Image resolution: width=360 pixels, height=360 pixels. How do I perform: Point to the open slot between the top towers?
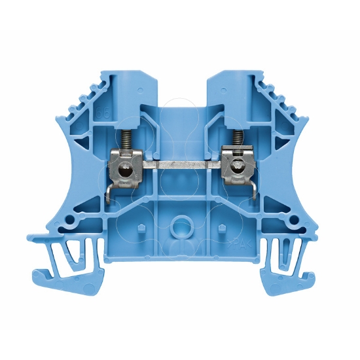click(181, 92)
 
